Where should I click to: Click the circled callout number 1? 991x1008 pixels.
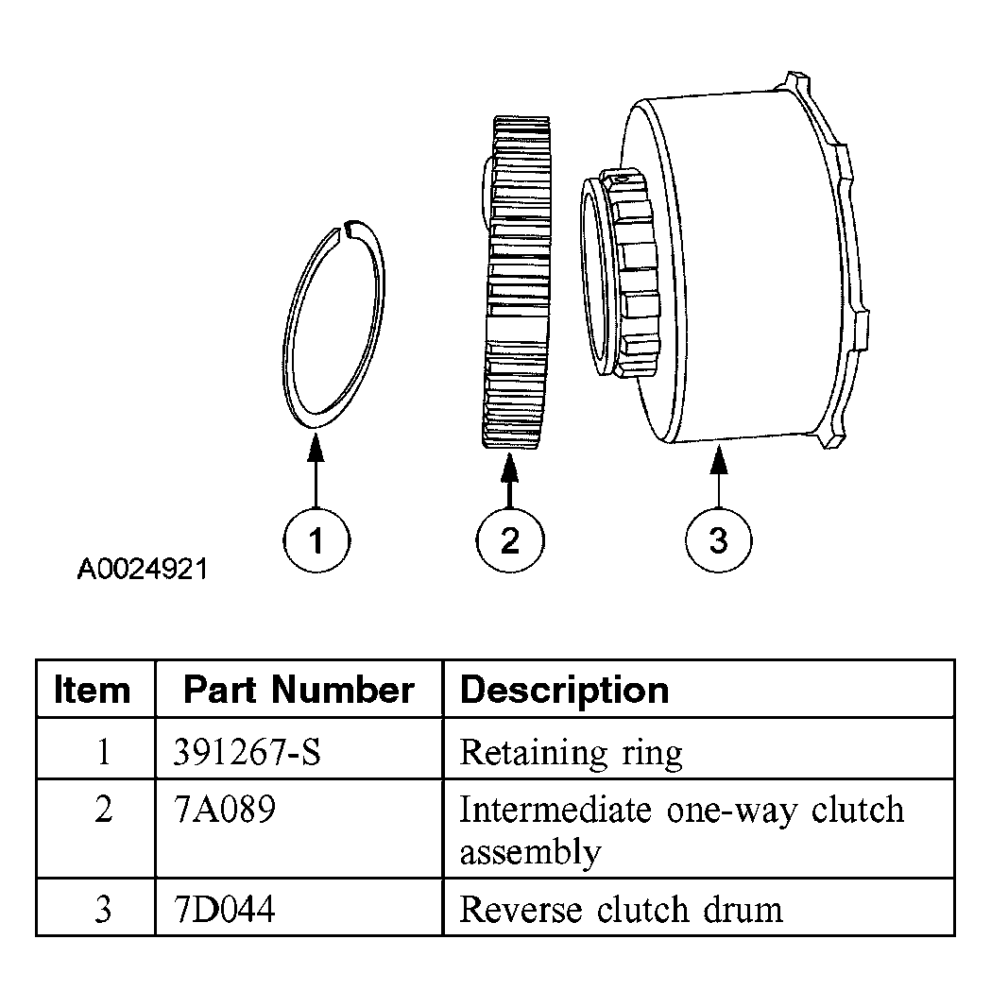pos(316,541)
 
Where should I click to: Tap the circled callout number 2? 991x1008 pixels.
pos(510,541)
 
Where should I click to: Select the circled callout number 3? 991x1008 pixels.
pos(719,541)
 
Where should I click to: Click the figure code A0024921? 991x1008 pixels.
pos(143,570)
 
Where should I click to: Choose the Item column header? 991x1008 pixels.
pos(93,690)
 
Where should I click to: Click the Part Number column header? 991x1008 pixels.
pos(299,690)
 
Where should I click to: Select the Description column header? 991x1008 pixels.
pos(564,690)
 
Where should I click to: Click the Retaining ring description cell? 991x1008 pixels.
pos(571,753)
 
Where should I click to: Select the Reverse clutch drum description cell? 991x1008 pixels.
pos(621,909)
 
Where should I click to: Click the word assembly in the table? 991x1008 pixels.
pos(530,852)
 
